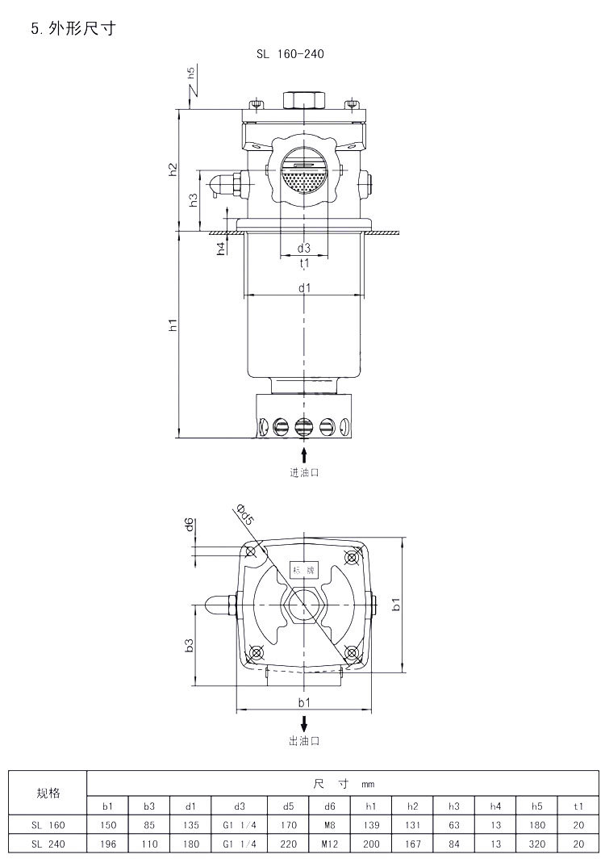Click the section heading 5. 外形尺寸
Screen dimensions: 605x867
pyautogui.click(x=73, y=28)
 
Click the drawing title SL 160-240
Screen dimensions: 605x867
pyautogui.click(x=290, y=54)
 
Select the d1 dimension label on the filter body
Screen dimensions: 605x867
pyautogui.click(x=304, y=287)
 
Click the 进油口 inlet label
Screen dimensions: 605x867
pyautogui.click(x=304, y=473)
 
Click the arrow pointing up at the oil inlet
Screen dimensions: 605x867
pyautogui.click(x=304, y=455)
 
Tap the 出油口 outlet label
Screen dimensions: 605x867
pyautogui.click(x=304, y=741)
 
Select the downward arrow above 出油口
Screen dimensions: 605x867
pyautogui.click(x=304, y=723)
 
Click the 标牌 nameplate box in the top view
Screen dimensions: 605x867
pyautogui.click(x=304, y=570)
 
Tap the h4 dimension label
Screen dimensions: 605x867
pyautogui.click(x=221, y=249)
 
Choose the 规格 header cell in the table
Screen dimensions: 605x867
pyautogui.click(x=48, y=794)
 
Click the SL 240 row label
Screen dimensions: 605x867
pyautogui.click(x=48, y=844)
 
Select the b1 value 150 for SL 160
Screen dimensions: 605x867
pyautogui.click(x=108, y=825)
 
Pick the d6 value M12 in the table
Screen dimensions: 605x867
pyautogui.click(x=329, y=844)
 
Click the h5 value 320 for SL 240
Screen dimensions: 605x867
pyautogui.click(x=536, y=844)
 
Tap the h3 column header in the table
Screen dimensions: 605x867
pyautogui.click(x=453, y=806)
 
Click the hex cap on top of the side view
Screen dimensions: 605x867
pyautogui.click(x=304, y=101)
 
